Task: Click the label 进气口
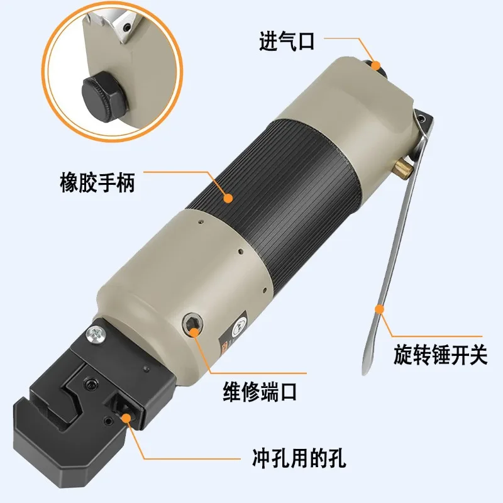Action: point(286,42)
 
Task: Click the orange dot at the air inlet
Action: point(375,64)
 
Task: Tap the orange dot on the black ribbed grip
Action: point(229,198)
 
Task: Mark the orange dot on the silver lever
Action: point(379,308)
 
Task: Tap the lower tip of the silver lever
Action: point(364,371)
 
